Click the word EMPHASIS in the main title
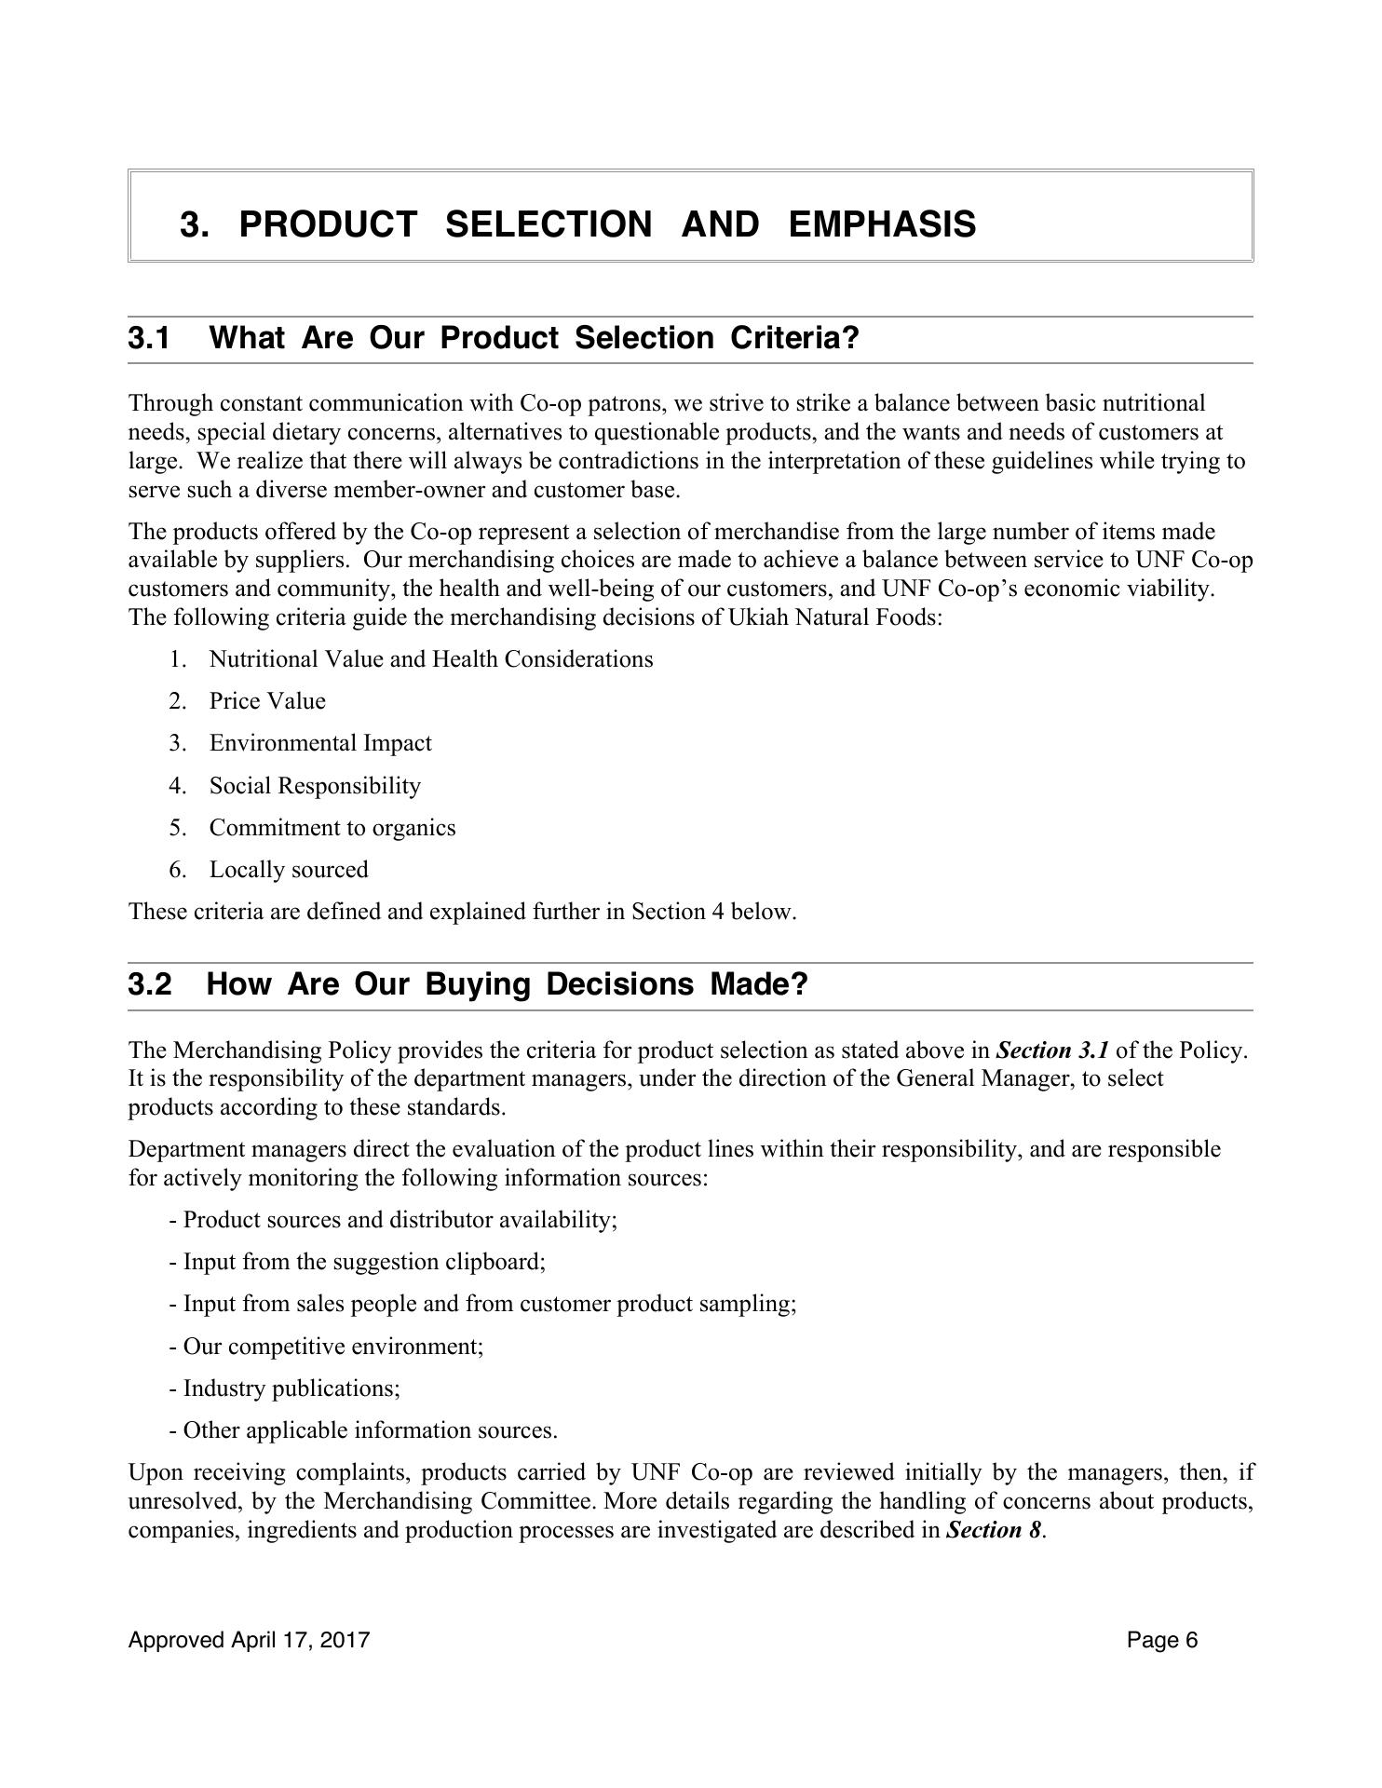click(881, 224)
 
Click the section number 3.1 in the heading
click(149, 338)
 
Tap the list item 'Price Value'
click(267, 701)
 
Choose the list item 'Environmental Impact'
click(320, 743)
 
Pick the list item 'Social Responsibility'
click(315, 786)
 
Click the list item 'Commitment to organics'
click(332, 828)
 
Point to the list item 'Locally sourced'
click(289, 870)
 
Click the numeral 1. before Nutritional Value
click(178, 659)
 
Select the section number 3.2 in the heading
click(149, 984)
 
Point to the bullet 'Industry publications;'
click(291, 1388)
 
